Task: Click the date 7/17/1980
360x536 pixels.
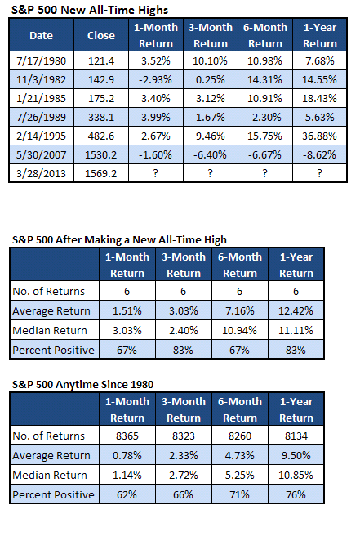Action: pyautogui.click(x=42, y=60)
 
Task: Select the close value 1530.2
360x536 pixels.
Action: pyautogui.click(x=100, y=155)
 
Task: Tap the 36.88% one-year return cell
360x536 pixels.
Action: pyautogui.click(x=319, y=136)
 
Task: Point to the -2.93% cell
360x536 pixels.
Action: pyautogui.click(x=155, y=79)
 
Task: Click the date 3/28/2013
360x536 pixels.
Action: pyautogui.click(x=42, y=174)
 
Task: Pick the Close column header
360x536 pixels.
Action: pyautogui.click(x=101, y=36)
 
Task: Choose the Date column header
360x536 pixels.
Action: pyautogui.click(x=42, y=36)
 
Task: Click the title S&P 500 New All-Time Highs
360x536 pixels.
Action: pyautogui.click(x=90, y=10)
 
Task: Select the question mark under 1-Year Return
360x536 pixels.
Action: pyautogui.click(x=320, y=173)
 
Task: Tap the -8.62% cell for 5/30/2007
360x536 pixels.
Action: pyautogui.click(x=319, y=155)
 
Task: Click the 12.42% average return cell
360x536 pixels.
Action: pyautogui.click(x=296, y=310)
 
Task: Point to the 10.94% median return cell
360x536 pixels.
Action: pyautogui.click(x=239, y=330)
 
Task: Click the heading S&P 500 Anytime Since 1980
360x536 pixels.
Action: pyautogui.click(x=83, y=384)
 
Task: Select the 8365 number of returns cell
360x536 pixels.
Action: pyautogui.click(x=127, y=435)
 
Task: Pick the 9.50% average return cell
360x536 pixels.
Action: pyautogui.click(x=296, y=455)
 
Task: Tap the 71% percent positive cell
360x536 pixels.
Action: pyautogui.click(x=239, y=494)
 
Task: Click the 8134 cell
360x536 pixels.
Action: pyautogui.click(x=296, y=435)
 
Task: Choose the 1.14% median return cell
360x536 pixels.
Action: pyautogui.click(x=127, y=475)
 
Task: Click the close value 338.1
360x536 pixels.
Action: pyautogui.click(x=101, y=118)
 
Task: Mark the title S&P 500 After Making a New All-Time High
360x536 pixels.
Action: pyautogui.click(x=119, y=239)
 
